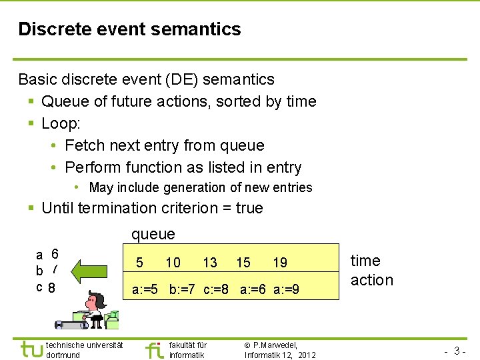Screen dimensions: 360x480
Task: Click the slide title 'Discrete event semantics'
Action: (129, 29)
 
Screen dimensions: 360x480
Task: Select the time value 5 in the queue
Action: (139, 263)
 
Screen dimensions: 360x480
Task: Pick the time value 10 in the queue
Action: (173, 263)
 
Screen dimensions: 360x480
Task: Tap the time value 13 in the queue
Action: (209, 263)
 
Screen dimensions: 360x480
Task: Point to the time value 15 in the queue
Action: (243, 263)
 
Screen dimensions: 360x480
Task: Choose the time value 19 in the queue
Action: (280, 263)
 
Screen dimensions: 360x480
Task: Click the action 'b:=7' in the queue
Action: (184, 290)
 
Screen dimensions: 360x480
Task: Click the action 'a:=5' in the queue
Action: (145, 290)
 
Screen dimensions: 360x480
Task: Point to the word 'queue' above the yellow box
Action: (153, 234)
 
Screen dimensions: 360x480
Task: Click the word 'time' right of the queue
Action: (365, 261)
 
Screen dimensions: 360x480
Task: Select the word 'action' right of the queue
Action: (372, 280)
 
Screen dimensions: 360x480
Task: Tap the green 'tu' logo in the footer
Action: (31, 349)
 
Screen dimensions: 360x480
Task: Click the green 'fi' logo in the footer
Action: (153, 349)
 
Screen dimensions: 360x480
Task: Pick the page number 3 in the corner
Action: (458, 351)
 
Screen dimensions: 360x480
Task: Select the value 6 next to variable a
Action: (55, 254)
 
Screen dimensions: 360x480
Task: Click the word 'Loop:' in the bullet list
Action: (62, 123)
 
